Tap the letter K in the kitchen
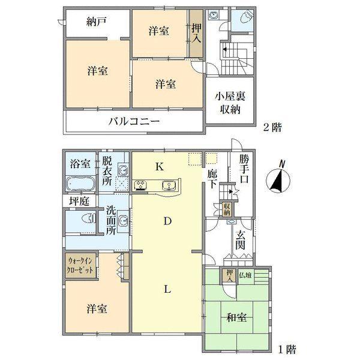point(160,167)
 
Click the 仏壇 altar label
point(246,275)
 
